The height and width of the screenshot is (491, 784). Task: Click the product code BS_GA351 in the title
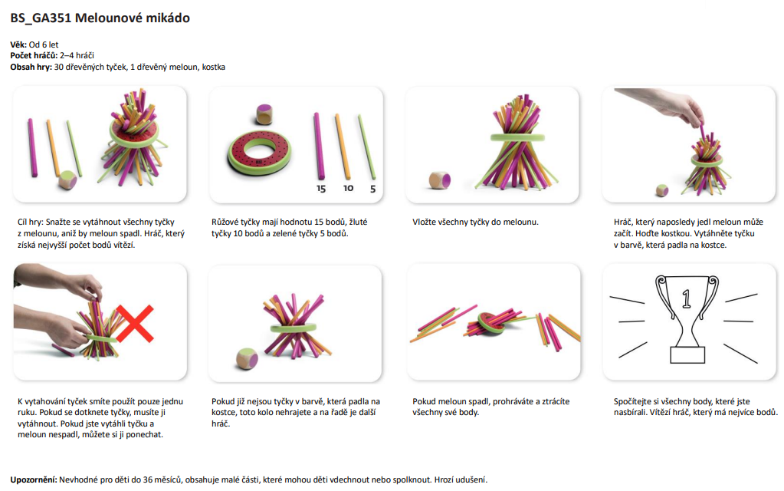pos(41,18)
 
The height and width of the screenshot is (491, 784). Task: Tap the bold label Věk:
pos(18,44)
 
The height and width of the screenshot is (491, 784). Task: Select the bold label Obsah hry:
pos(31,67)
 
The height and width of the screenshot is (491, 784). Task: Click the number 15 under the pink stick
pos(321,189)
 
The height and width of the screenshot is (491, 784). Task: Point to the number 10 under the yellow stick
pos(349,188)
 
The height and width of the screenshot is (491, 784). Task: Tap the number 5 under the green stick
pos(373,189)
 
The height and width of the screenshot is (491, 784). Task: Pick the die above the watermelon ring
pos(264,114)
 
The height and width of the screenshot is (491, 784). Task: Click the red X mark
pos(135,323)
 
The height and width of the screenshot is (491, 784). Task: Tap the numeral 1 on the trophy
pos(687,298)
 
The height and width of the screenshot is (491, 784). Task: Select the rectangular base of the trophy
pos(687,355)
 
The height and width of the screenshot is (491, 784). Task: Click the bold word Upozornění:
pos(34,479)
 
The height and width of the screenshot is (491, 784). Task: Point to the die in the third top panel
pos(440,180)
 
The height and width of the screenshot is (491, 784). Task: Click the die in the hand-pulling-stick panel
pos(662,191)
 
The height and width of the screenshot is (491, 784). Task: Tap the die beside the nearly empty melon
pos(247,359)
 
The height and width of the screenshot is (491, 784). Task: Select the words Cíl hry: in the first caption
pos(30,222)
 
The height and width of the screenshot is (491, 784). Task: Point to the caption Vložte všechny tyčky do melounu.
pos(475,222)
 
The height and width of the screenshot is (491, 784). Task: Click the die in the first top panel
pos(67,180)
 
